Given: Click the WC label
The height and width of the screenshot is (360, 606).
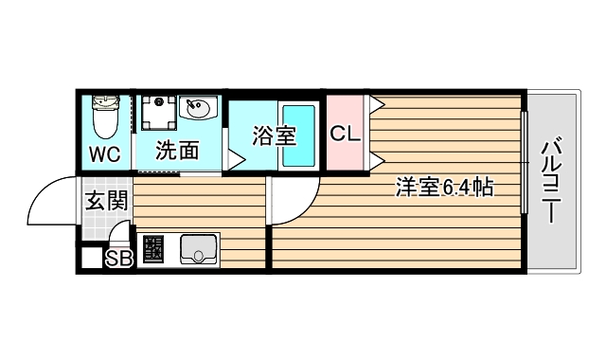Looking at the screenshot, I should (105, 153).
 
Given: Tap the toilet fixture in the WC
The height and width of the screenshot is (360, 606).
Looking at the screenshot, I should (105, 118).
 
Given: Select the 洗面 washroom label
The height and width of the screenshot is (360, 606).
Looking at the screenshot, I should (177, 151).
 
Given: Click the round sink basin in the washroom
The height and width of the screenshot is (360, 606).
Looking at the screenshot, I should (198, 109).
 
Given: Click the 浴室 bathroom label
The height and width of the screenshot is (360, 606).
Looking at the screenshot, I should (274, 136).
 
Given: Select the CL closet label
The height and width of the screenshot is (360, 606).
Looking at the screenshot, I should (345, 134).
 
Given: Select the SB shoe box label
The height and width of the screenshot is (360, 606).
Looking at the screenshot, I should (118, 257).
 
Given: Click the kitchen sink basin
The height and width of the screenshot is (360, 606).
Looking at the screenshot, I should (199, 252).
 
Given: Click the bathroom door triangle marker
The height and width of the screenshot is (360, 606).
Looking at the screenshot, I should (233, 159).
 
